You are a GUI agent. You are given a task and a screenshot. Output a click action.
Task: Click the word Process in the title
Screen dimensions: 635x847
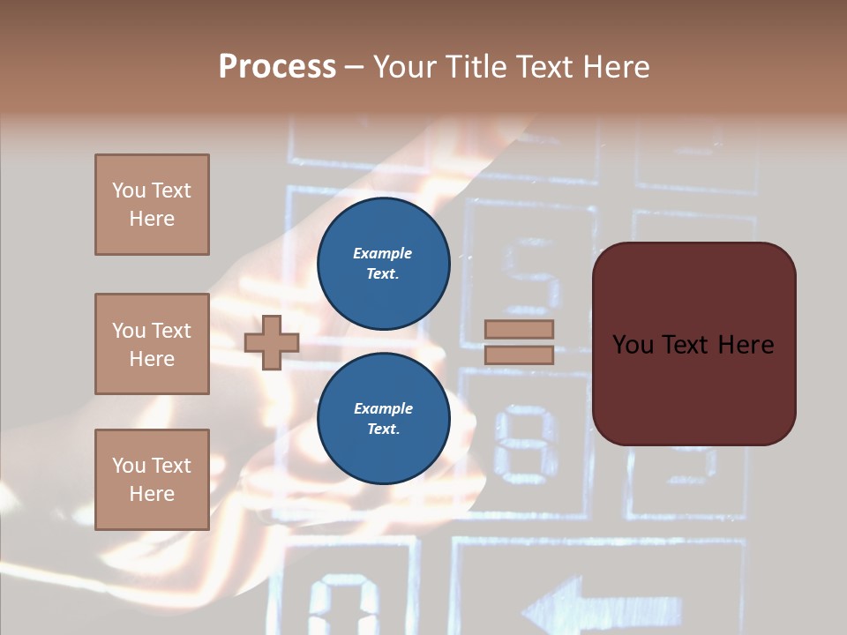[277, 67]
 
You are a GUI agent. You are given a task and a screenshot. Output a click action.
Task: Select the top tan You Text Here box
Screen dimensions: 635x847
[152, 205]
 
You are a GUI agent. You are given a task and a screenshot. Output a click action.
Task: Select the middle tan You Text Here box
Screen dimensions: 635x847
[152, 344]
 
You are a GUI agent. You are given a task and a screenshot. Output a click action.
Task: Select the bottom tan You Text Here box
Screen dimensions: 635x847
[152, 480]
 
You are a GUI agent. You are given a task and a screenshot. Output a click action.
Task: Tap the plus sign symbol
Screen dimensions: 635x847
[272, 341]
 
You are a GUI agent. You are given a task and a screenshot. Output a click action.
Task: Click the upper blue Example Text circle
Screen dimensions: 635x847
[383, 264]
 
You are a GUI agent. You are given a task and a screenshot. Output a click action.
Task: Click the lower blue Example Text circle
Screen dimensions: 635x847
[383, 419]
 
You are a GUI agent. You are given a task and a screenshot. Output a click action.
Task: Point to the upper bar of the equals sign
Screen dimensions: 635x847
[519, 329]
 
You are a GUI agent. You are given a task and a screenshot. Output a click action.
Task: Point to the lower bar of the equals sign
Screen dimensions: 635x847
[519, 355]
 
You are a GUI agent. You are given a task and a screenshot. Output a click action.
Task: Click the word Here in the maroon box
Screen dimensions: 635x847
[745, 345]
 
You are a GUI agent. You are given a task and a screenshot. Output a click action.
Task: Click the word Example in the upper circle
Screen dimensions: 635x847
[383, 253]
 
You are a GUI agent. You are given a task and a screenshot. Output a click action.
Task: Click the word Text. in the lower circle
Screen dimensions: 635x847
[383, 430]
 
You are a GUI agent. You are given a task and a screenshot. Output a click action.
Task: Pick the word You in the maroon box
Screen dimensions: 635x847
[633, 345]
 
